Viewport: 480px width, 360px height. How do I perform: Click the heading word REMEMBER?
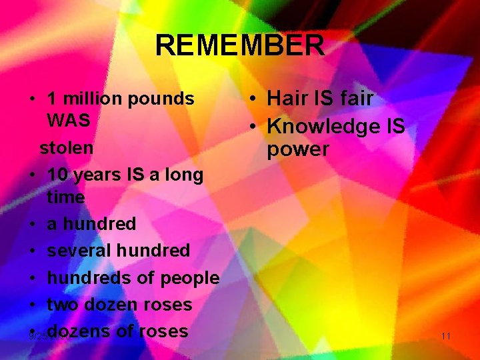tap(240, 46)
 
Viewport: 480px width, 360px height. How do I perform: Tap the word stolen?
tap(66, 147)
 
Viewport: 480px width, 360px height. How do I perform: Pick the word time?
tap(66, 197)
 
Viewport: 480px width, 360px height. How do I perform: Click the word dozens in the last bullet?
tap(81, 331)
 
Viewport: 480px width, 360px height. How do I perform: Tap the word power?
tap(298, 149)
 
